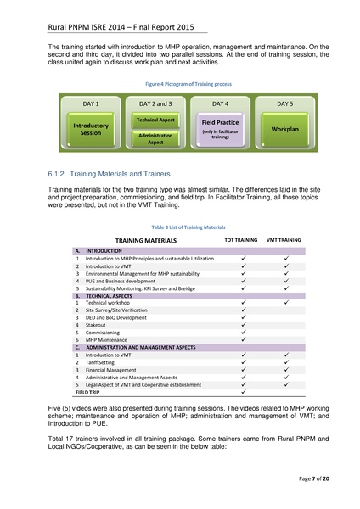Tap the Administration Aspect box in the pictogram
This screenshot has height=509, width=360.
point(155,138)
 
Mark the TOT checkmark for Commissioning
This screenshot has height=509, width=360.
point(243,333)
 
